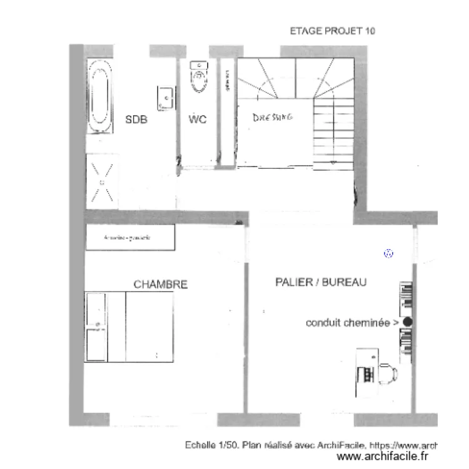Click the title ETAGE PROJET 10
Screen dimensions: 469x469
(332, 31)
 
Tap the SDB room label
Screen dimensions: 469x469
(136, 119)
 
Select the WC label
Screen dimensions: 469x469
(198, 119)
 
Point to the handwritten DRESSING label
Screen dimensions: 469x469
(273, 117)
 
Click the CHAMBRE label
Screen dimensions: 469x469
(161, 285)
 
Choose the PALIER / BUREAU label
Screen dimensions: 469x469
(321, 283)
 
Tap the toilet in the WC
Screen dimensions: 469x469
(199, 76)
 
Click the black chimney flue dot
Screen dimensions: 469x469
(408, 322)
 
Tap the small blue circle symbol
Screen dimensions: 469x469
(388, 254)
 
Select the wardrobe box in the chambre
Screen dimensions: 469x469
(130, 238)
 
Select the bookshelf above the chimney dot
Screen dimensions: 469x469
(406, 298)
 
